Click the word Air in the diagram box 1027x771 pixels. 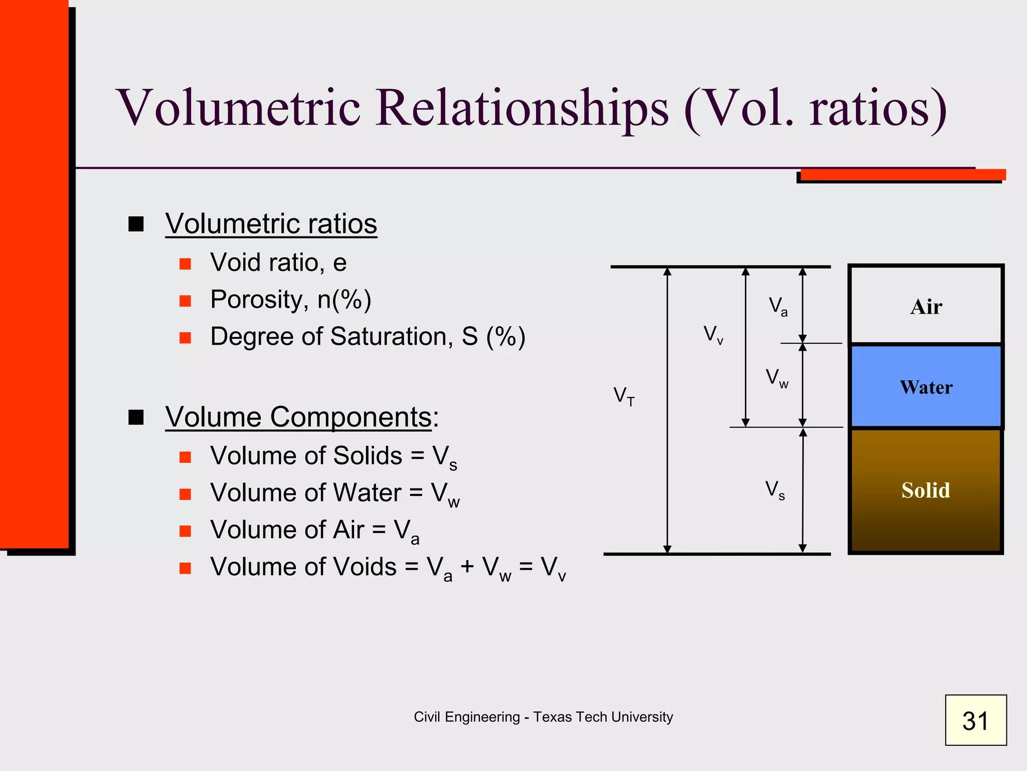tap(926, 307)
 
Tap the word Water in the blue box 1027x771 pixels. tap(926, 388)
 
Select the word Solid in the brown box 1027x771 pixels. tap(926, 490)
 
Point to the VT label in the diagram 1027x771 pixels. tap(624, 396)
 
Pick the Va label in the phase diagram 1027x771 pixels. tap(778, 306)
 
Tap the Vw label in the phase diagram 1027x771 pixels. tap(777, 378)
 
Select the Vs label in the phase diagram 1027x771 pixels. tap(775, 489)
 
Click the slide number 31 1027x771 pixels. tap(975, 720)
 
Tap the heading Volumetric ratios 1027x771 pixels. tap(271, 223)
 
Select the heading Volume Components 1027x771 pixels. tap(298, 417)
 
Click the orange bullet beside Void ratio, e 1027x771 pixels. tap(186, 264)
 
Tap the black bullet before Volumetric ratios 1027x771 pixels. tap(136, 224)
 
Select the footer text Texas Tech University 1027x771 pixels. tap(603, 717)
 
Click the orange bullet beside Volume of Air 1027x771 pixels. tap(186, 531)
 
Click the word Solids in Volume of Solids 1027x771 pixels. tap(367, 456)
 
